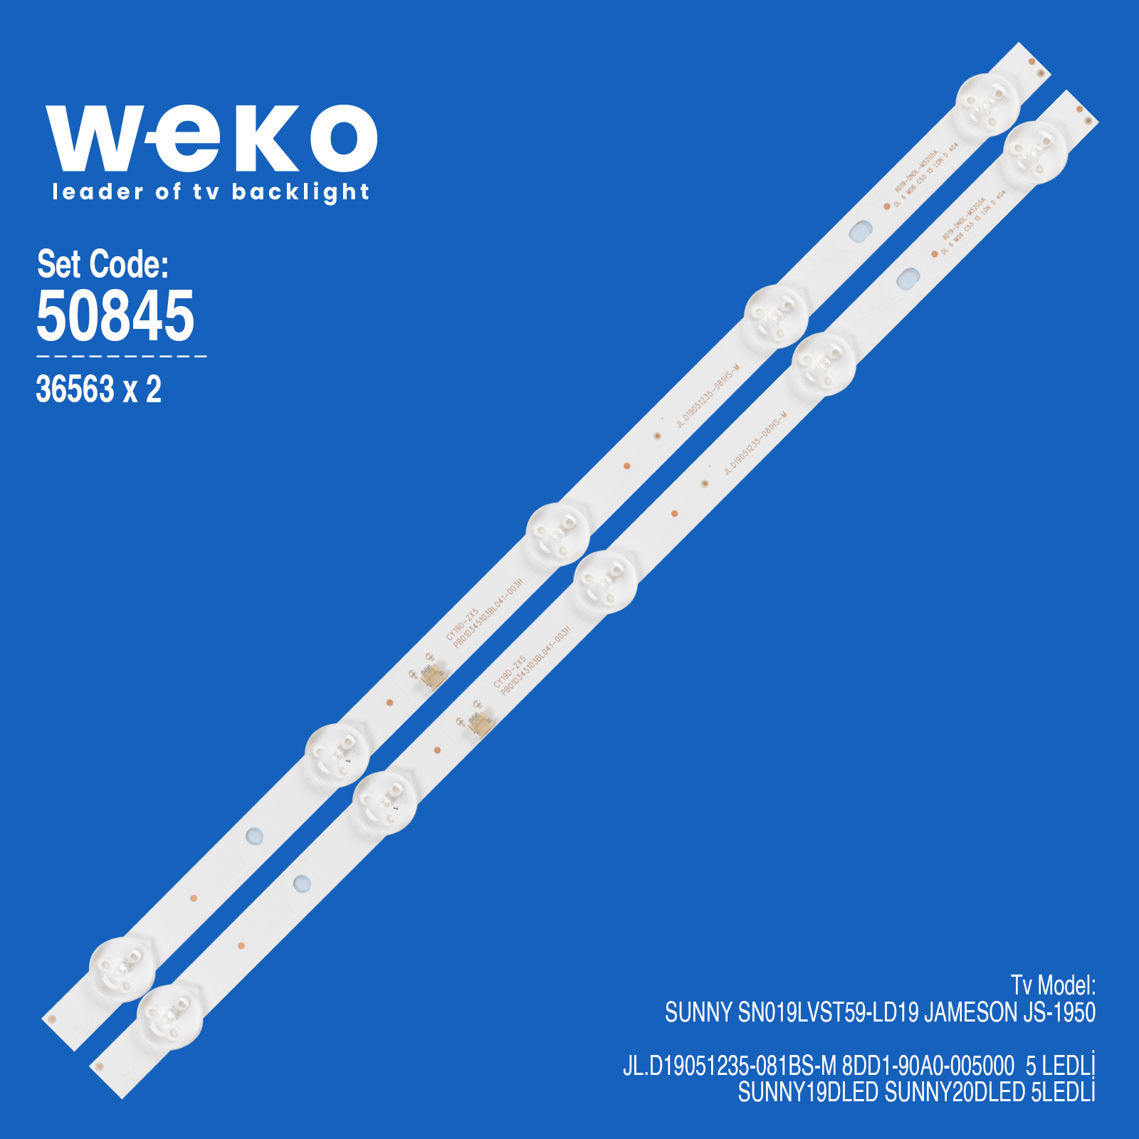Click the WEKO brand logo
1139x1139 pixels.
211,138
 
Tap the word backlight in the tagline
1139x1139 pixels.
300,192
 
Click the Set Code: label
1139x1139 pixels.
103,264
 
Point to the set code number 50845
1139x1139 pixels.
115,315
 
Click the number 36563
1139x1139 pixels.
75,389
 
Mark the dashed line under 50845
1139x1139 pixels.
121,356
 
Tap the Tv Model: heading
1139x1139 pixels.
1053,986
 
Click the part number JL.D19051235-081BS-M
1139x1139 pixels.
730,1066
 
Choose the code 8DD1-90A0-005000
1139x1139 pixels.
928,1066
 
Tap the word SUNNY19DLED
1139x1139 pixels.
808,1092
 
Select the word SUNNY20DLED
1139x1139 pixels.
955,1092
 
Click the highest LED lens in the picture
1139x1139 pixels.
987,105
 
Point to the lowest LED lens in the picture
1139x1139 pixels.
169,1017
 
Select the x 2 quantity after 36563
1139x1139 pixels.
142,389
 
